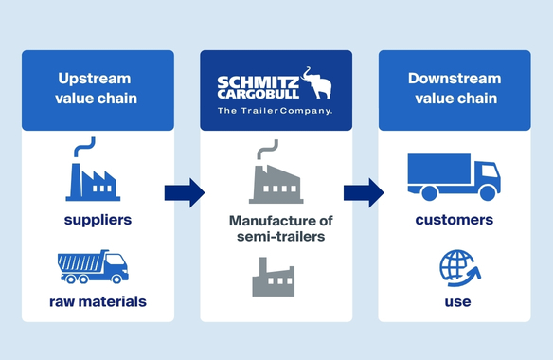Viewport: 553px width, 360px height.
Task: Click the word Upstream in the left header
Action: pyautogui.click(x=95, y=79)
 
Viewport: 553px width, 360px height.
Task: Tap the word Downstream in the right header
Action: pyautogui.click(x=455, y=79)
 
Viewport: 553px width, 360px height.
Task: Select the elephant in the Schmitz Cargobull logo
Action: pyautogui.click(x=317, y=82)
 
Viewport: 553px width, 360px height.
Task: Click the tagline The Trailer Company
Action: pyautogui.click(x=276, y=111)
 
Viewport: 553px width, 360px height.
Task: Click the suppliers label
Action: pyautogui.click(x=98, y=220)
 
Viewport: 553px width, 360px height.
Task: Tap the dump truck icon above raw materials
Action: pyautogui.click(x=93, y=267)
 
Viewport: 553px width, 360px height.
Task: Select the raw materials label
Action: pyautogui.click(x=98, y=302)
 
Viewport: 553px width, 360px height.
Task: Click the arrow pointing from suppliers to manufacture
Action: pyautogui.click(x=185, y=192)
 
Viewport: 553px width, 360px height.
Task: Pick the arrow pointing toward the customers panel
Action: pyautogui.click(x=364, y=192)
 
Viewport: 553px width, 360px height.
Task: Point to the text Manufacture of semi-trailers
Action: pyautogui.click(x=280, y=228)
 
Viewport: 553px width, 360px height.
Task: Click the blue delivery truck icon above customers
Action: pyautogui.click(x=454, y=177)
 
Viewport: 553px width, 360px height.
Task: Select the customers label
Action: pyautogui.click(x=455, y=220)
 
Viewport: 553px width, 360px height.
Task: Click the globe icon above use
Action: pyautogui.click(x=459, y=268)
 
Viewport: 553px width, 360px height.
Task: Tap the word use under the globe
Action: pyautogui.click(x=457, y=302)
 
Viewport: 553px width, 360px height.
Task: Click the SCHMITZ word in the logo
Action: pyautogui.click(x=258, y=83)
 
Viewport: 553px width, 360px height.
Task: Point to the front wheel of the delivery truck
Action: pyautogui.click(x=488, y=192)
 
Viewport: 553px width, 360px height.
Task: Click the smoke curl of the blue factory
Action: pyautogui.click(x=84, y=147)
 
